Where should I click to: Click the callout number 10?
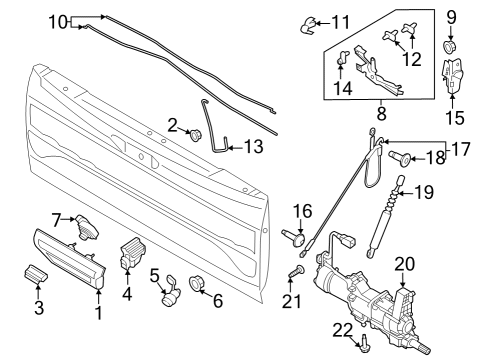click(x=58, y=20)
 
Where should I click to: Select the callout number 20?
click(x=405, y=263)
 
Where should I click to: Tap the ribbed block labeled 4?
click(x=131, y=252)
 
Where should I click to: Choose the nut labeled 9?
click(x=450, y=47)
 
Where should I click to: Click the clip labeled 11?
click(x=306, y=25)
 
